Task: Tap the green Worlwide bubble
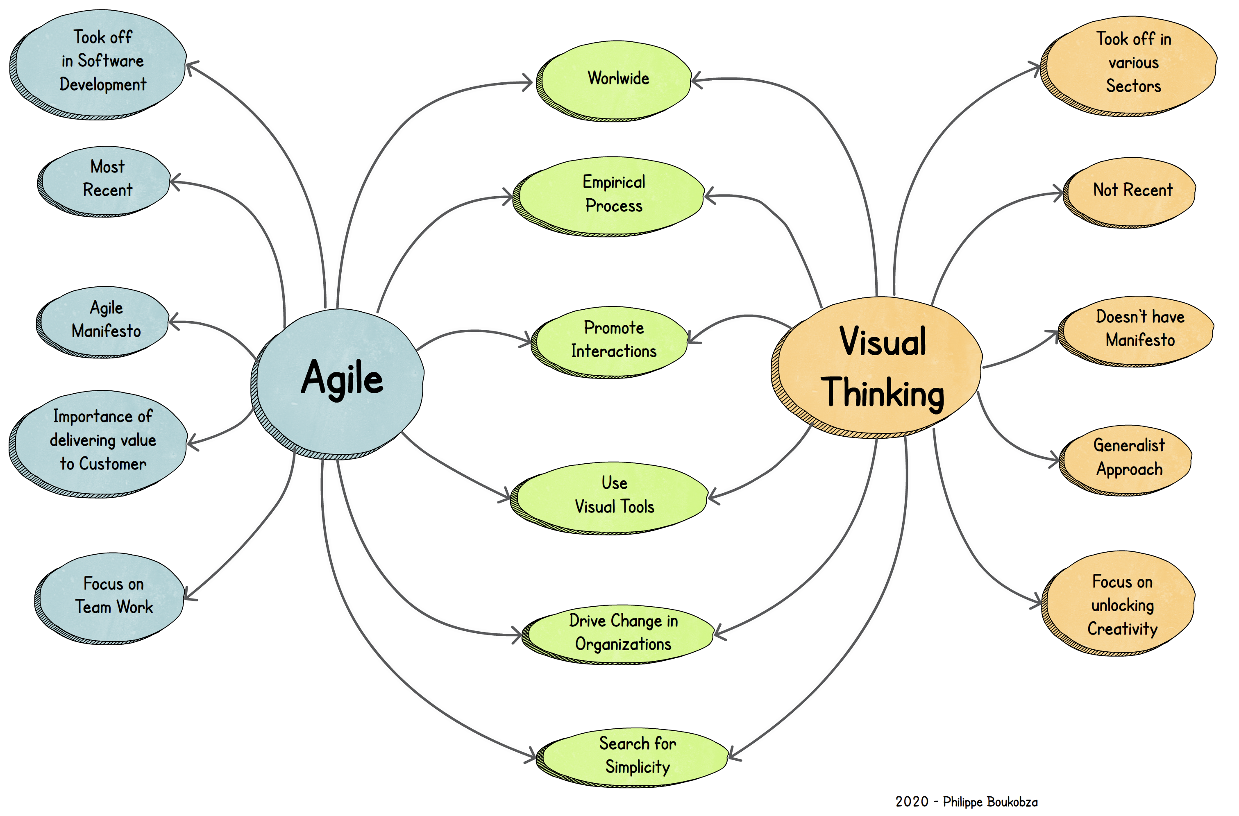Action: point(617,79)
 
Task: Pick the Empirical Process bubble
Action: point(612,195)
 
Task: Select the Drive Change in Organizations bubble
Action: point(622,633)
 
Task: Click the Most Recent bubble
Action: point(107,179)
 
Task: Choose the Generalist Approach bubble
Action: point(1128,458)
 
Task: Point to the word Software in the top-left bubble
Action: point(110,61)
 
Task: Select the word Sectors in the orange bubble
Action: point(1133,86)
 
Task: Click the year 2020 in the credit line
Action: point(911,801)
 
